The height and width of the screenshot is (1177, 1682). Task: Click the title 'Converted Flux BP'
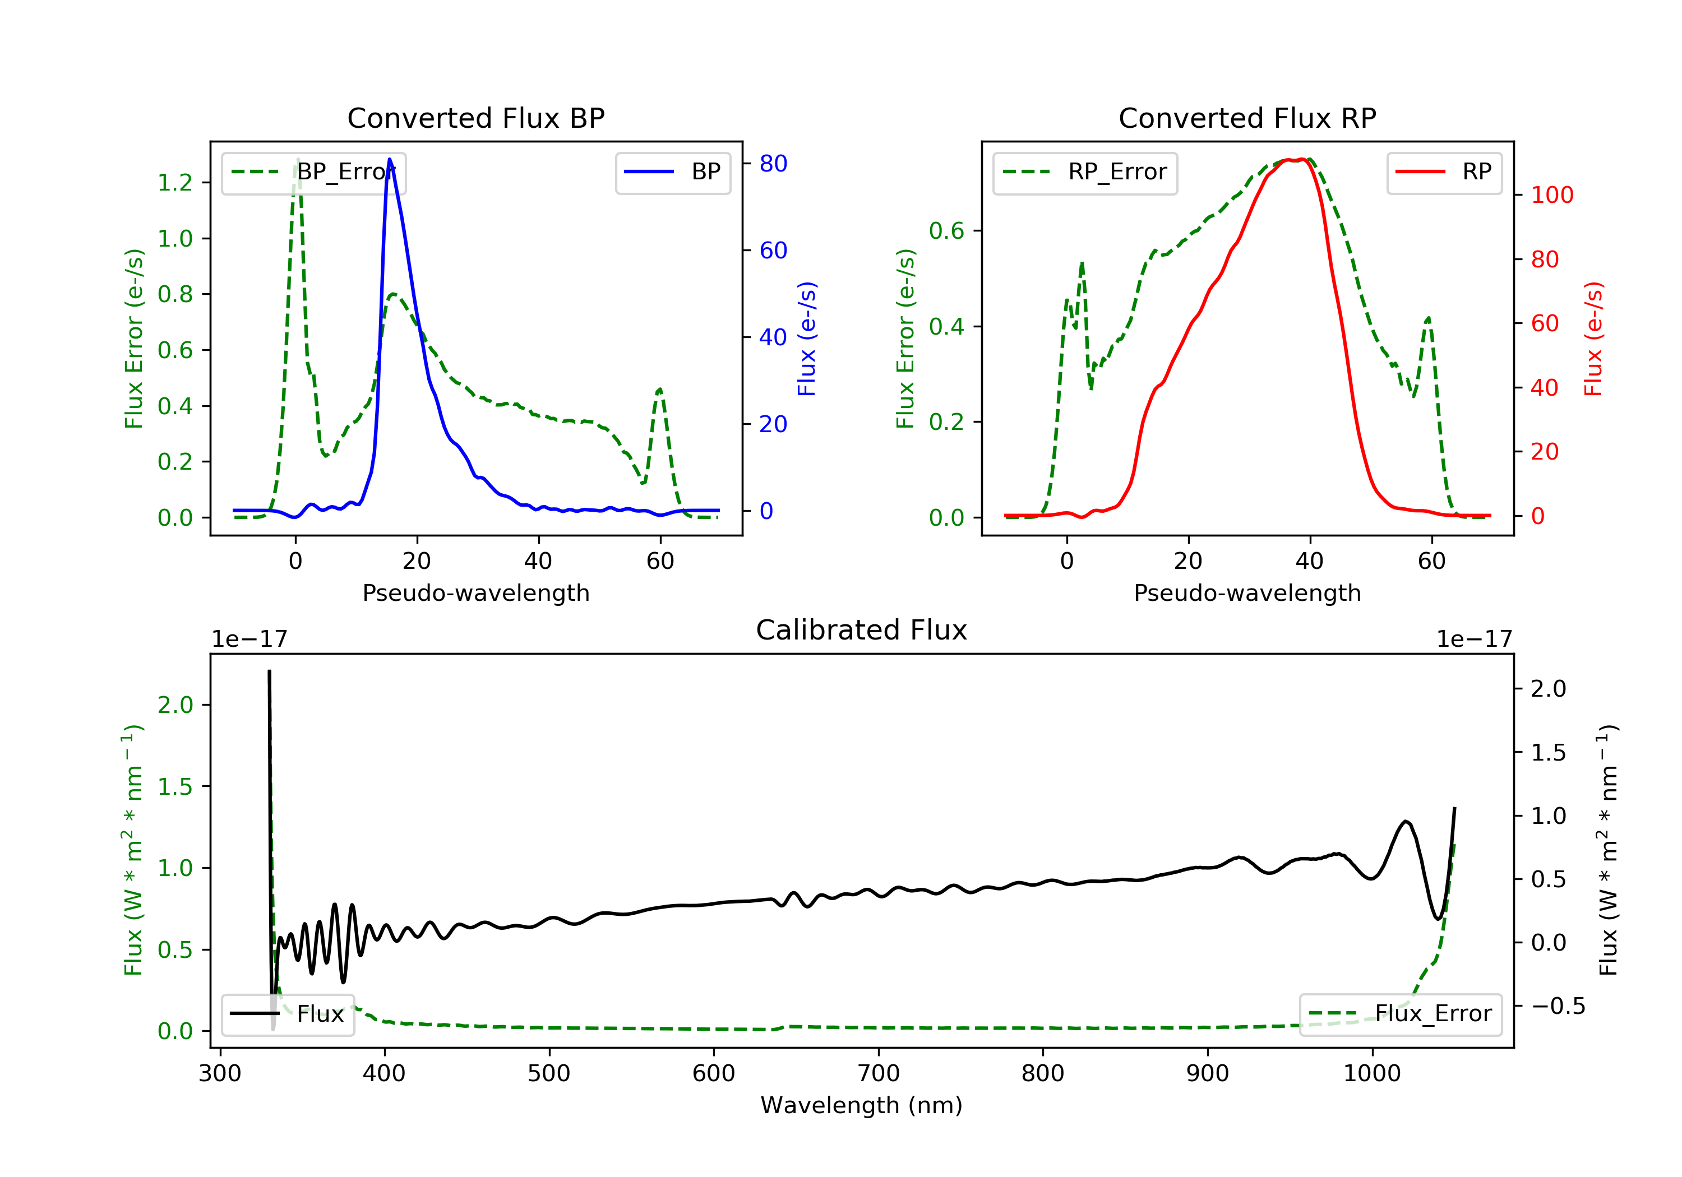pyautogui.click(x=475, y=118)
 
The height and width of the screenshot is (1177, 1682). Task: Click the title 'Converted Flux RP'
pyautogui.click(x=1247, y=118)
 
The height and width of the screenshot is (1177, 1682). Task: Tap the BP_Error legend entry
pyautogui.click(x=313, y=172)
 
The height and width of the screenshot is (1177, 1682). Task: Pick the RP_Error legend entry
pyautogui.click(x=1085, y=172)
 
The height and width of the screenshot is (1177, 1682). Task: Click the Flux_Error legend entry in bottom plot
pyautogui.click(x=1400, y=1014)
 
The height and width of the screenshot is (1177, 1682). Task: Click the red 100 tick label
pyautogui.click(x=1551, y=195)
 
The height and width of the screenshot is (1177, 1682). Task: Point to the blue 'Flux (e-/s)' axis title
pyautogui.click(x=807, y=339)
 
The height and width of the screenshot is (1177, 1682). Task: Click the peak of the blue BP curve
pyautogui.click(x=390, y=159)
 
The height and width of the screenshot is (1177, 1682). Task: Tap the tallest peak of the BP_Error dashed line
pyautogui.click(x=297, y=159)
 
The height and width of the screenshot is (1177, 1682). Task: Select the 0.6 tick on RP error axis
pyautogui.click(x=946, y=231)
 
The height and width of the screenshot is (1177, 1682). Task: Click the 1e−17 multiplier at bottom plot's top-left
pyautogui.click(x=249, y=640)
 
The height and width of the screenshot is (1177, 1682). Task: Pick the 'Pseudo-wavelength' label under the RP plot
pyautogui.click(x=1247, y=592)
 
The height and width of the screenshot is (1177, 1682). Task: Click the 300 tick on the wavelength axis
pyautogui.click(x=220, y=1074)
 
